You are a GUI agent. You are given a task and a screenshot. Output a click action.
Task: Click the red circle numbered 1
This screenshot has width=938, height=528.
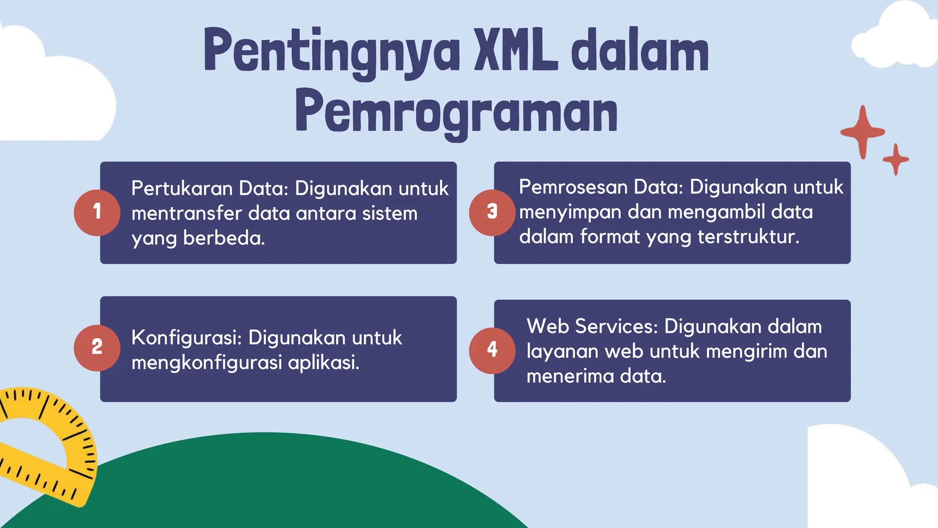tap(97, 213)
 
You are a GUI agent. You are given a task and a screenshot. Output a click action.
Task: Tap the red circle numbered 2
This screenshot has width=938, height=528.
tap(97, 348)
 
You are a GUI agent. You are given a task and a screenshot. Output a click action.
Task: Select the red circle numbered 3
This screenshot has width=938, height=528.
tap(492, 213)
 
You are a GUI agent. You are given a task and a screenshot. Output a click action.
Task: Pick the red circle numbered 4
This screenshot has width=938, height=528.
tap(492, 351)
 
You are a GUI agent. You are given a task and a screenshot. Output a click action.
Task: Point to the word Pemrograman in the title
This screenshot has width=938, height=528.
tap(457, 112)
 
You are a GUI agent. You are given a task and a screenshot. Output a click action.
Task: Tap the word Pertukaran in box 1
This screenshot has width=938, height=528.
tap(181, 188)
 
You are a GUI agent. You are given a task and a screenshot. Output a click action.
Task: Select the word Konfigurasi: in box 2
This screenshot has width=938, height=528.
tap(186, 338)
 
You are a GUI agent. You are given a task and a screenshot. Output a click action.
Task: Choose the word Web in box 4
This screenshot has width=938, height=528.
tap(548, 326)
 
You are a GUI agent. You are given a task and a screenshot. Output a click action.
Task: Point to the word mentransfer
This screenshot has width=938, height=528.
tap(186, 214)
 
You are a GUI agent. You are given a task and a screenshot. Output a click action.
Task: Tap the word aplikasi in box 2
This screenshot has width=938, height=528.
tap(323, 363)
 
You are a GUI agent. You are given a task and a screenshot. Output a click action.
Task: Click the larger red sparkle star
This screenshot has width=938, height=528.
tap(862, 132)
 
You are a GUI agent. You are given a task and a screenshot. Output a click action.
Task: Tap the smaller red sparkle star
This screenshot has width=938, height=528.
tap(896, 159)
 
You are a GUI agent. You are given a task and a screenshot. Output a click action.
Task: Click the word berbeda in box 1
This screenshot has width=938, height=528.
tap(224, 238)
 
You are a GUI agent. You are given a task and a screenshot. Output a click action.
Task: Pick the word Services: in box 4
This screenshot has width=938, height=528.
tap(616, 326)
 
